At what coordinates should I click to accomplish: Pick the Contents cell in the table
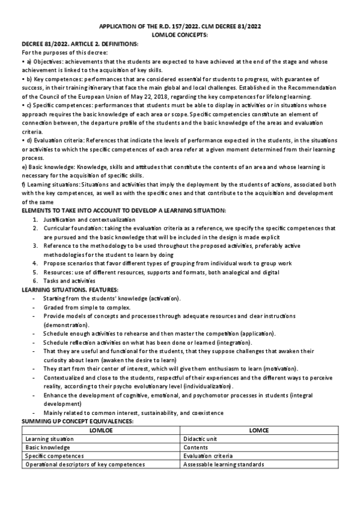(x=196, y=447)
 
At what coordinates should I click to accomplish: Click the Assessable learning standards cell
(x=224, y=464)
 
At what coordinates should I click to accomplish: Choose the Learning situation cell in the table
(x=47, y=439)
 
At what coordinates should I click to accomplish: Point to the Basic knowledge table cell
(x=47, y=447)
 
